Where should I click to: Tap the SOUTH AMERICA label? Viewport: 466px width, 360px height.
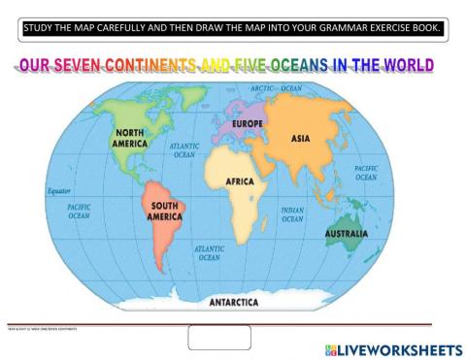(164, 212)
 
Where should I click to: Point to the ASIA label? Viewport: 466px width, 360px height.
(301, 139)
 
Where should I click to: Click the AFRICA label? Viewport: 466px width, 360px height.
(240, 181)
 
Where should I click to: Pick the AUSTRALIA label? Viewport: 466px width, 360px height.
(346, 234)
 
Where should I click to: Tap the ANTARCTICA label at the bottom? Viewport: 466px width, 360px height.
(234, 302)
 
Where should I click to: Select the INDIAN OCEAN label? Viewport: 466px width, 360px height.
(293, 214)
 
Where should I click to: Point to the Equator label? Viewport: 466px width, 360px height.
(60, 191)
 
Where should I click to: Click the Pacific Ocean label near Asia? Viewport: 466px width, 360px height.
(366, 173)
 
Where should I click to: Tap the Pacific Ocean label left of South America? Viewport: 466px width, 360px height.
(80, 212)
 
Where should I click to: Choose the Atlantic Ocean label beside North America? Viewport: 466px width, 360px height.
(183, 149)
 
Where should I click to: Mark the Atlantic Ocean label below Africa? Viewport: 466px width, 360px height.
(209, 252)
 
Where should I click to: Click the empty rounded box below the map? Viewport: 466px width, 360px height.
(219, 337)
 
